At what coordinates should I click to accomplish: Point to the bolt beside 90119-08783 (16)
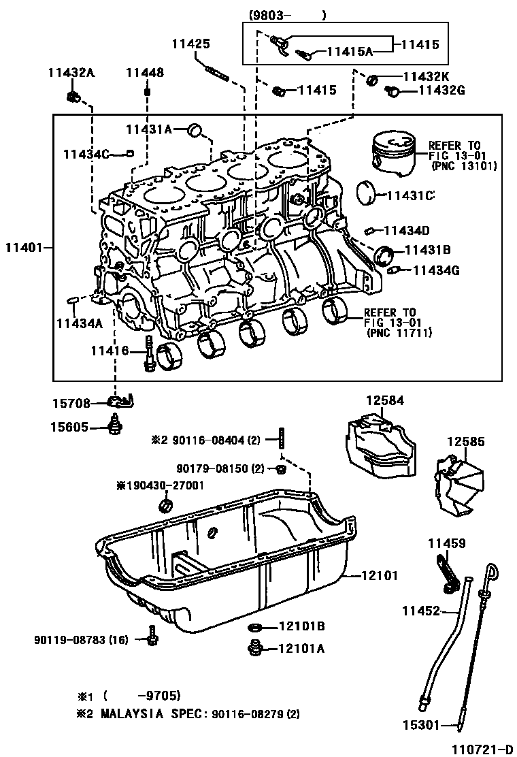(152, 639)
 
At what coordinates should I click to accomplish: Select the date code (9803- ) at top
(286, 15)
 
